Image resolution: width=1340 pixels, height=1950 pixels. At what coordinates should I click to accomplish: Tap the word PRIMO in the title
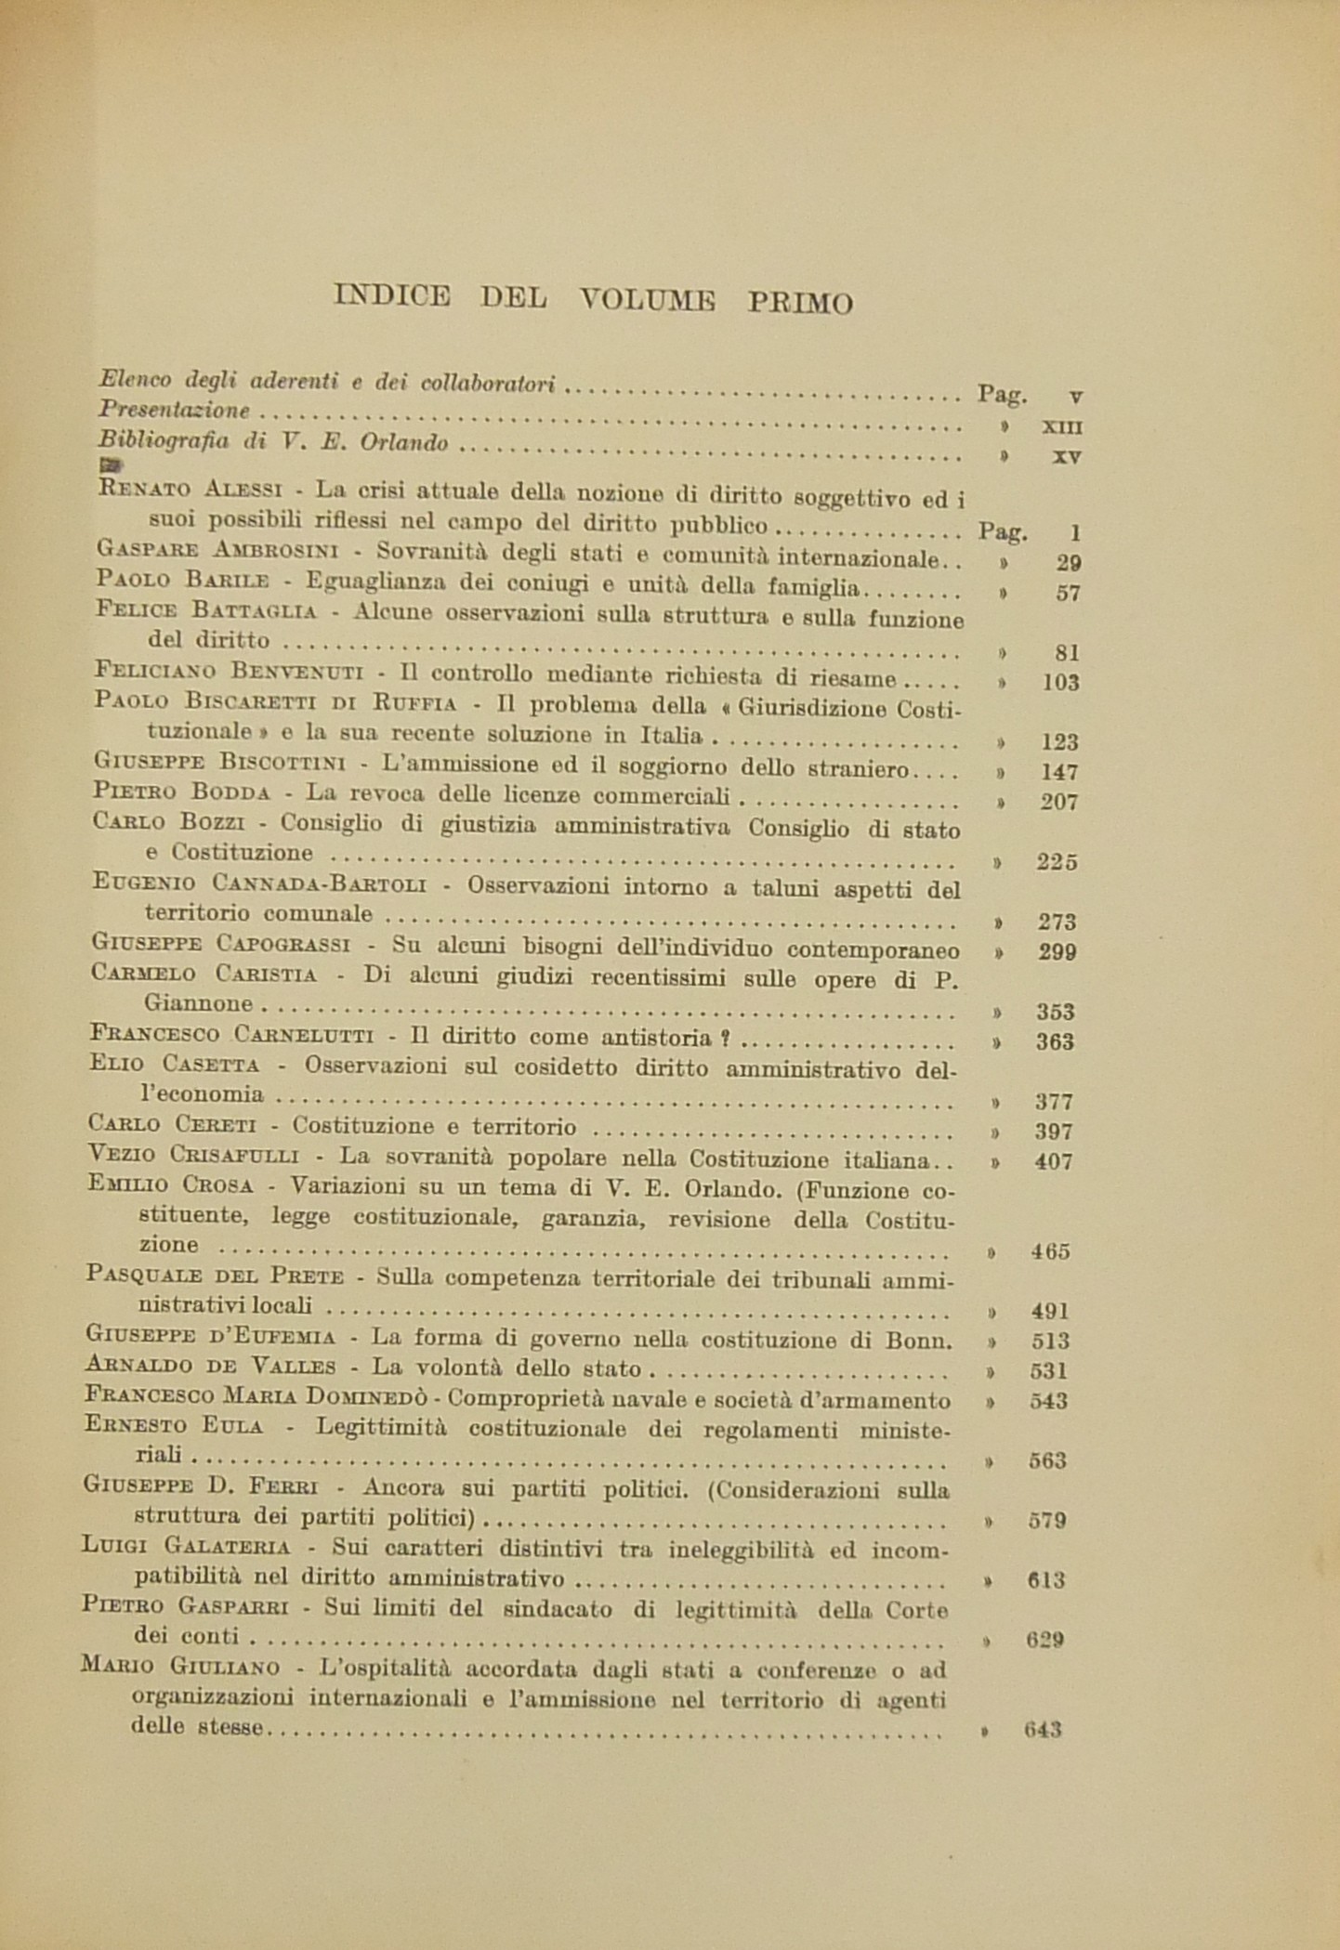click(x=800, y=302)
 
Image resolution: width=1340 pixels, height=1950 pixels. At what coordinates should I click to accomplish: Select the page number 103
click(x=1060, y=682)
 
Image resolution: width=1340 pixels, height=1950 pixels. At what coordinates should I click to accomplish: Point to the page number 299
click(x=1058, y=952)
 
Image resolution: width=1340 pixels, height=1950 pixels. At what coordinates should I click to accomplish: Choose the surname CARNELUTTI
click(x=304, y=1034)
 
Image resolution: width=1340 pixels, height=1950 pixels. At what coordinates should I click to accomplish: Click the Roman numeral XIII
click(x=1063, y=426)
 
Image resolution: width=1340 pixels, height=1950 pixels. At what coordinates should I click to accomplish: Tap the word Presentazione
click(x=175, y=410)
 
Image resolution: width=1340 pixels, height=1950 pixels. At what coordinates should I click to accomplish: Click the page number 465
click(x=1051, y=1251)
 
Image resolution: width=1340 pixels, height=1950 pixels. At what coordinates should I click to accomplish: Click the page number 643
click(x=1043, y=1730)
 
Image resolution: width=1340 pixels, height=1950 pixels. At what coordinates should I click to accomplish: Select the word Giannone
click(x=198, y=1003)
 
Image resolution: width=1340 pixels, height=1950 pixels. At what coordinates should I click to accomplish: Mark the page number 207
click(x=1059, y=802)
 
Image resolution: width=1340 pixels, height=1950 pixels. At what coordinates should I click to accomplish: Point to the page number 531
click(x=1050, y=1370)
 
